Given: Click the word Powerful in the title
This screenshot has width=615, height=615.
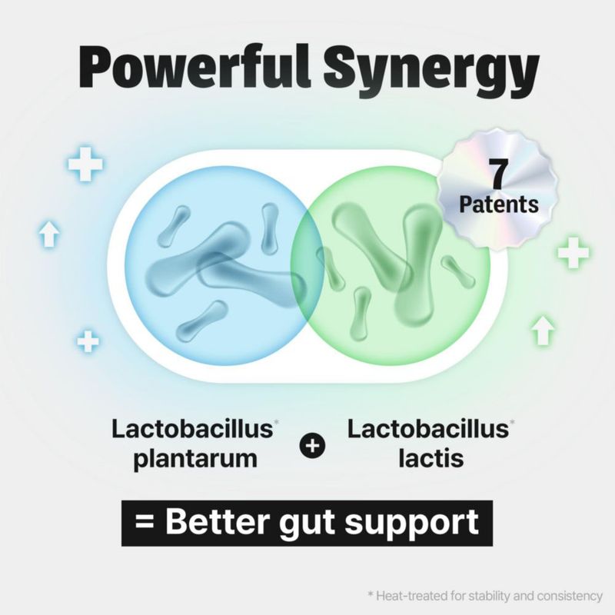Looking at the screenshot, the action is (195, 67).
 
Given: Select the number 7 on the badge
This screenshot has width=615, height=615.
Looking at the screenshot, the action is (498, 175).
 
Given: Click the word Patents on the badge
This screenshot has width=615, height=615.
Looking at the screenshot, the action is (498, 204).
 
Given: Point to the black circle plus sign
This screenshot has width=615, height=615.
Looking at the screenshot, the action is (312, 446).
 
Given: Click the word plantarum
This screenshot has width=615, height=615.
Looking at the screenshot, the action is (195, 459).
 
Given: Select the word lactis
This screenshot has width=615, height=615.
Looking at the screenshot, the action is (430, 457).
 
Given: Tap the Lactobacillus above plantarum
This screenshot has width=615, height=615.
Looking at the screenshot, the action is (192, 429).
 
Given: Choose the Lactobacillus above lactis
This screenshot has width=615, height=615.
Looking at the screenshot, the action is (428, 429).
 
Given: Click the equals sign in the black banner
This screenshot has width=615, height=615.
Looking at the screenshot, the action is (145, 522).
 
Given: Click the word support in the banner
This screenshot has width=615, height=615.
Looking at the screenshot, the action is (412, 524).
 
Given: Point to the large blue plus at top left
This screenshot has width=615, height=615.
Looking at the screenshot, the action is (85, 165).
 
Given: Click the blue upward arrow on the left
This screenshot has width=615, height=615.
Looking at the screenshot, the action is (49, 234).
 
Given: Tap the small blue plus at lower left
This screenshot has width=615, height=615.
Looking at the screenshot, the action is (88, 341).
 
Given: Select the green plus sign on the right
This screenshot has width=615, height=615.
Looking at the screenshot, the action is (573, 252).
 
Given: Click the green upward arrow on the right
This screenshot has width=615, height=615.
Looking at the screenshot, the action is (543, 331).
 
